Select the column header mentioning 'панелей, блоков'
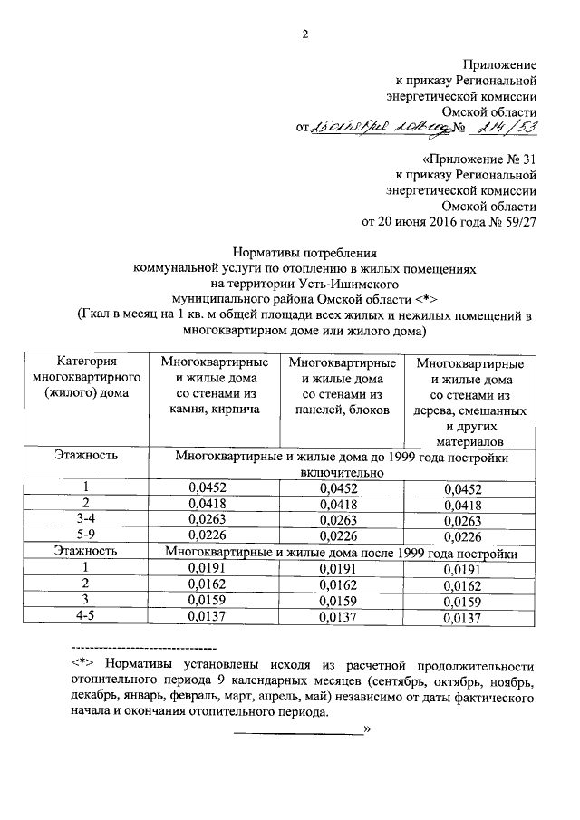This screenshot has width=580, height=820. click(x=343, y=386)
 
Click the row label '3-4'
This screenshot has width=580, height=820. click(x=85, y=519)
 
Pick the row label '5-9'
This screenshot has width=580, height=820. click(x=85, y=535)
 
